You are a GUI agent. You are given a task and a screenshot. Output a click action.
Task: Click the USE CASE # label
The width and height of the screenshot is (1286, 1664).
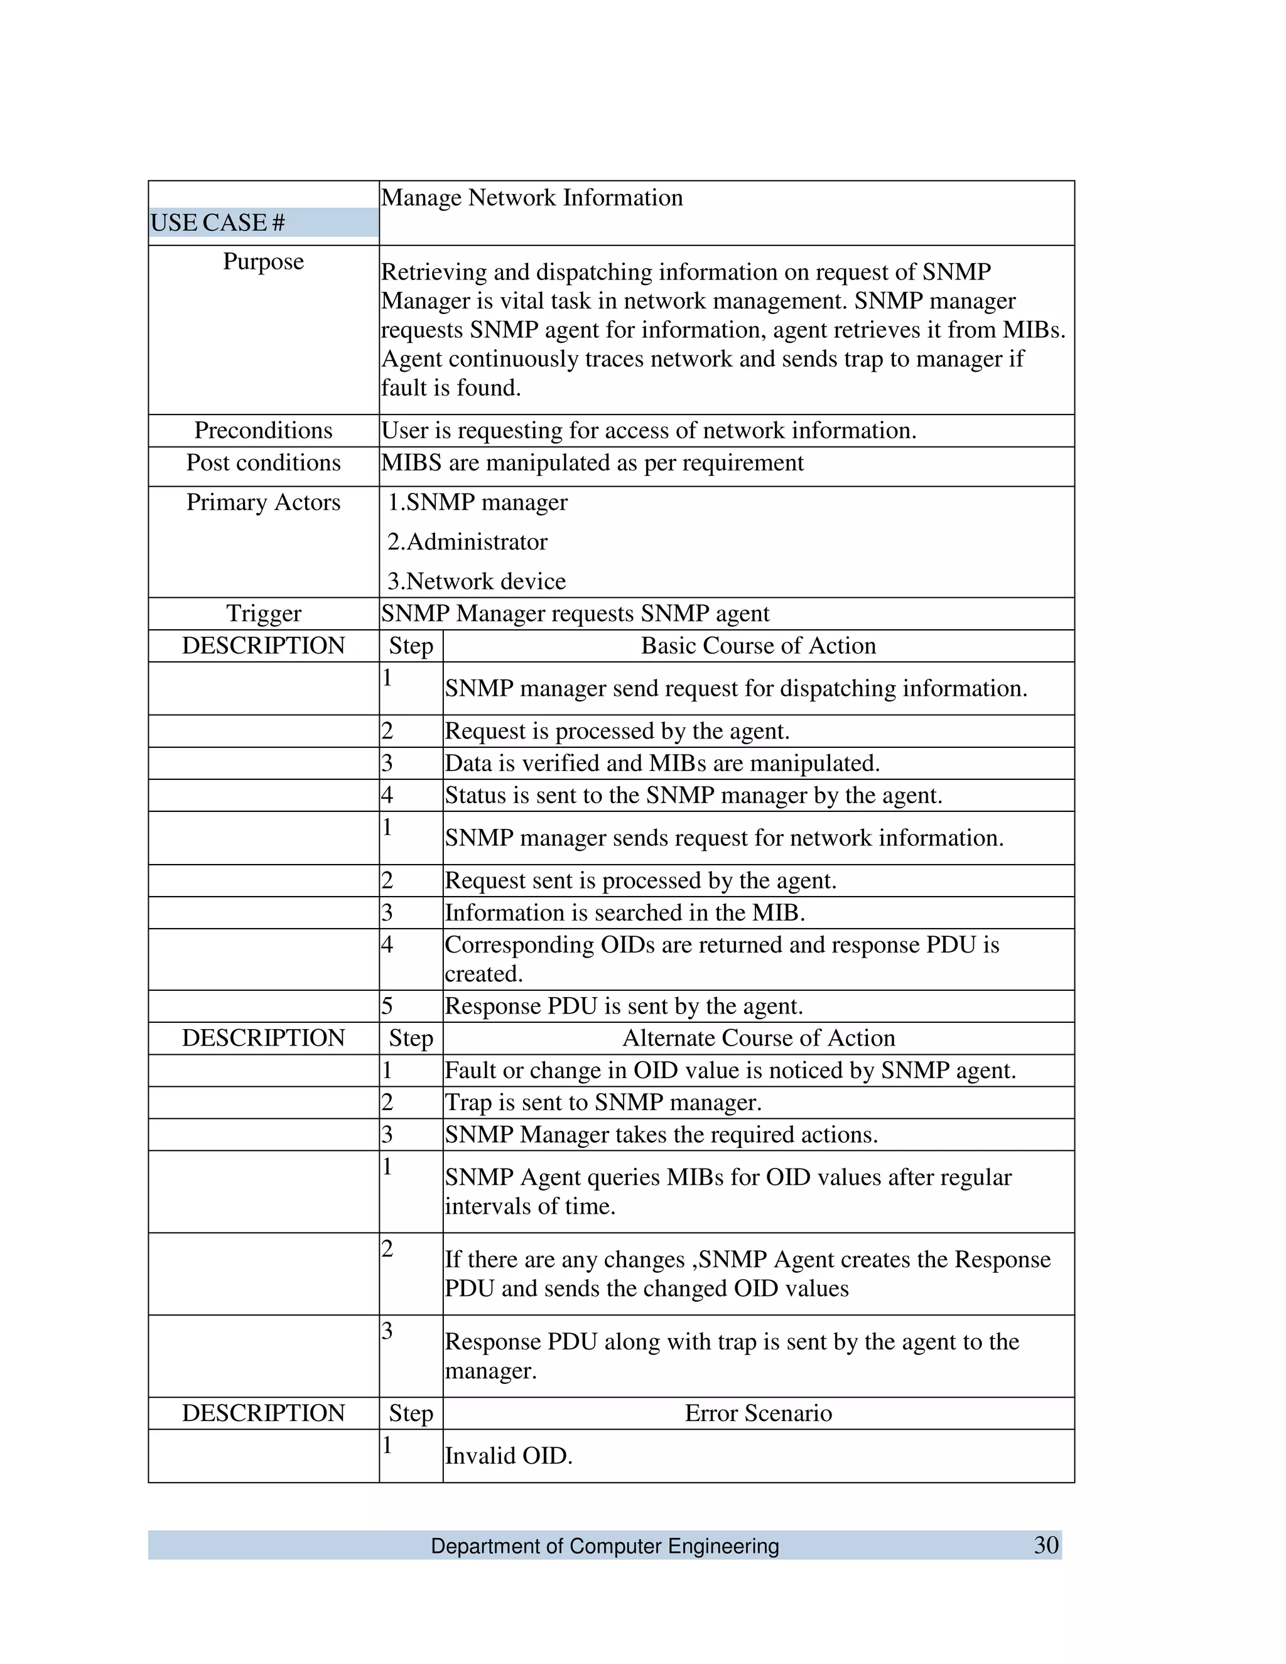218,222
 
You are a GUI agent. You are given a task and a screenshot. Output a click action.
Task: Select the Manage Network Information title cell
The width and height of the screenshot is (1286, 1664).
532,198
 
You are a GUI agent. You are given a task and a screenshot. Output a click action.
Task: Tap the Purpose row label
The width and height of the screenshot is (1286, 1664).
264,261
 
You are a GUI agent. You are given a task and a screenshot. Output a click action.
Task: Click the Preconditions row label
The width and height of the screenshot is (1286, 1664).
264,431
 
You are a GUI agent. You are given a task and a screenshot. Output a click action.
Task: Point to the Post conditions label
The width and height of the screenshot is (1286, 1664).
264,463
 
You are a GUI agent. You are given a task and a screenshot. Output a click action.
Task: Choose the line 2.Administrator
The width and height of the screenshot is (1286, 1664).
467,542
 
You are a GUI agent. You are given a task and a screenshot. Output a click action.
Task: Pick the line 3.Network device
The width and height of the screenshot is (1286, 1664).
476,581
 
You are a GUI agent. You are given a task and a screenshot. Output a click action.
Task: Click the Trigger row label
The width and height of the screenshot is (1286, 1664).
264,613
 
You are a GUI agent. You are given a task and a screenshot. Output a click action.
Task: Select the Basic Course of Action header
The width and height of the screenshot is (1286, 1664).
758,646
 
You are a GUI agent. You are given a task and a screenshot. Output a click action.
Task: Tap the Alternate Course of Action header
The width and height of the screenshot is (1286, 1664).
758,1038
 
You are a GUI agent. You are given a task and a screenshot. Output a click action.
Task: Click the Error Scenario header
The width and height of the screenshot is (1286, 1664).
758,1413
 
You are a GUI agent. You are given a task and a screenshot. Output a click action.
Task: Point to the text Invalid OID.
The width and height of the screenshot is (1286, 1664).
508,1456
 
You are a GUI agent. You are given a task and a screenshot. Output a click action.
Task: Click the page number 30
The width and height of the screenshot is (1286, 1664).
1046,1545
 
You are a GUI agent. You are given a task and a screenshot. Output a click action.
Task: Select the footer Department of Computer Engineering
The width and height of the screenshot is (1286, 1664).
605,1546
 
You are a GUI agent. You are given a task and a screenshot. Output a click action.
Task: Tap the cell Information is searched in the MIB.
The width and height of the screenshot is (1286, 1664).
625,913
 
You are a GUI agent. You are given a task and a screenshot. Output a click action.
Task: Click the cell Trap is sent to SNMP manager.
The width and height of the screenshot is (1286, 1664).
603,1103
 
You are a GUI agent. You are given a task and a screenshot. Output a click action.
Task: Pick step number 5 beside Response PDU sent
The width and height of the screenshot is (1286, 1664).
387,1007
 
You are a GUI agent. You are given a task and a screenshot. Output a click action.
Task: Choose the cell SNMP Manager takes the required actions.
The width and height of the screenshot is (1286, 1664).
661,1135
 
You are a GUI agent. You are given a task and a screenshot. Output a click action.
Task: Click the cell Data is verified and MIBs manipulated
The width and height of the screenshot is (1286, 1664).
662,764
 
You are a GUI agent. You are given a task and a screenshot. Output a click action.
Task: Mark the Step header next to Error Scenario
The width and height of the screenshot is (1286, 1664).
411,1413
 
